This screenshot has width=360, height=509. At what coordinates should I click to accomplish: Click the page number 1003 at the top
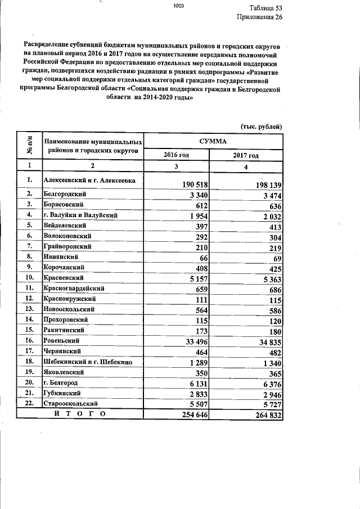point(179,6)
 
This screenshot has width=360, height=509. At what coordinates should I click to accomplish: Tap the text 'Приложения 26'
point(259,17)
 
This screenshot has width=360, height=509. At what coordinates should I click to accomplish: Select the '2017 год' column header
point(246,155)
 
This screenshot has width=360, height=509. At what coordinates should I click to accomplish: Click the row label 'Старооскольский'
point(71,404)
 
